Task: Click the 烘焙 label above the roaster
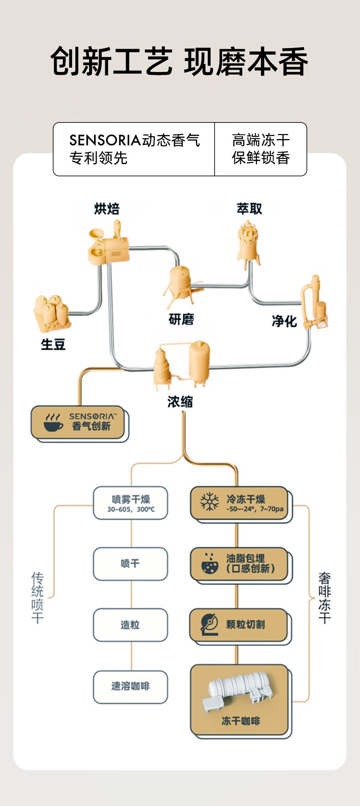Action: [107, 209]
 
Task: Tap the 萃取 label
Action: [249, 209]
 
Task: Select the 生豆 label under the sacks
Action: [53, 344]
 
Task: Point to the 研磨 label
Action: [181, 320]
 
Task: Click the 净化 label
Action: [284, 321]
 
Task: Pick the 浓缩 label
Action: [180, 401]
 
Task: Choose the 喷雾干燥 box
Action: [130, 503]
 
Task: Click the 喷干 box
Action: [130, 563]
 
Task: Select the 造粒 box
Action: [130, 625]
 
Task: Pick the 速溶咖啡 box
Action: [130, 686]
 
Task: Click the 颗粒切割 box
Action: [239, 625]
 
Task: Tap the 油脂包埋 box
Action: [239, 563]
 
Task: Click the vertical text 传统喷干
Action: [38, 597]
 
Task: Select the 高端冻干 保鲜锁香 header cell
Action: [261, 149]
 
